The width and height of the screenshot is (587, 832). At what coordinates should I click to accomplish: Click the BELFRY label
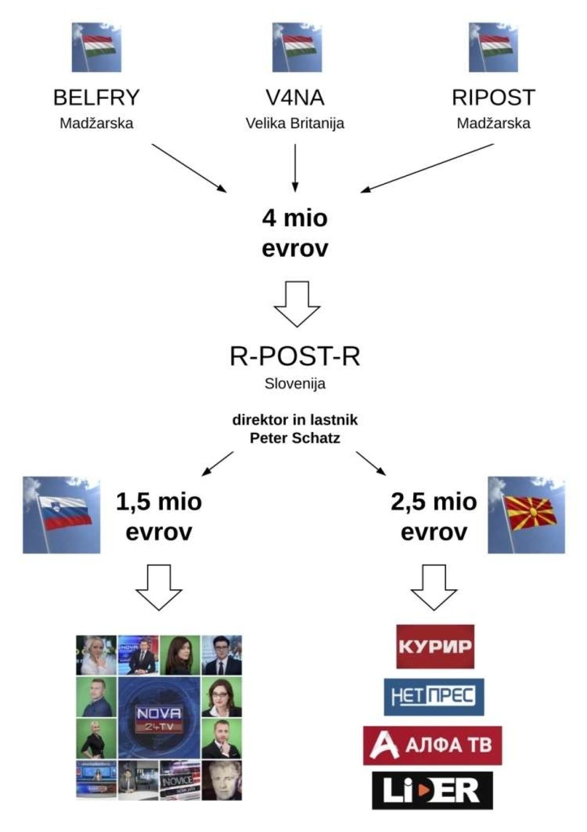96,98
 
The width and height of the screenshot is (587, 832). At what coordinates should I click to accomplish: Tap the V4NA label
294,98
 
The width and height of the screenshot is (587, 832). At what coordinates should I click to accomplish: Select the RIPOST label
493,98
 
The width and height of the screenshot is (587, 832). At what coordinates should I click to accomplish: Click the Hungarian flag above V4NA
297,47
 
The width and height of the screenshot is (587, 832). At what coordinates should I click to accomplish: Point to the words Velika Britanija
294,123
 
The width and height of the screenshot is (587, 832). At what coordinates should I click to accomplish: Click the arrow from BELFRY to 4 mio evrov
189,168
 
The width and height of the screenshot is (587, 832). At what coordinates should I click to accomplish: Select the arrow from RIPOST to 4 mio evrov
427,168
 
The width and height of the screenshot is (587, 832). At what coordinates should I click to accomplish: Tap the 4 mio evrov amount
294,233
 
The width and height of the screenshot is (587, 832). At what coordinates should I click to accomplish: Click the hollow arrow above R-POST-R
296,303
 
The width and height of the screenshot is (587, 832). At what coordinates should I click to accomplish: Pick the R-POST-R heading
294,356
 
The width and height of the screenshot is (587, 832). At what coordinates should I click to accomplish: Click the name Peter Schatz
294,438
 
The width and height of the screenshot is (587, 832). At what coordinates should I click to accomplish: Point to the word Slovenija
294,383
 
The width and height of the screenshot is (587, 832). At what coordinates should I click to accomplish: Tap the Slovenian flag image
62,515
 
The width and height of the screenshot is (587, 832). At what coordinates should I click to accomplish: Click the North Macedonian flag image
526,515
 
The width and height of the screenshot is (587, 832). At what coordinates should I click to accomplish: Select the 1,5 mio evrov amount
159,517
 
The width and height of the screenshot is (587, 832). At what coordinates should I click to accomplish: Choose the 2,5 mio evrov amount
433,517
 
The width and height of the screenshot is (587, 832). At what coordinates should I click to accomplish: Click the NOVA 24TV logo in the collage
159,718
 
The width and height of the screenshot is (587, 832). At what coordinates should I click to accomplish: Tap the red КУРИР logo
435,646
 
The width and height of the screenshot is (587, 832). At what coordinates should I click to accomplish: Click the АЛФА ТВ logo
432,745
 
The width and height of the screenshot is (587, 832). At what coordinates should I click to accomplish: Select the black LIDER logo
432,790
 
